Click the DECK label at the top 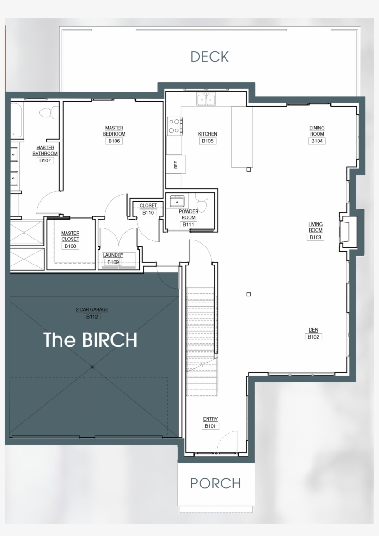pyautogui.click(x=209, y=56)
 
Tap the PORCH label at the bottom pyautogui.click(x=215, y=483)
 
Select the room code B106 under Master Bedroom pyautogui.click(x=114, y=141)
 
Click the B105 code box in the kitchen pyautogui.click(x=208, y=141)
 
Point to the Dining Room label pyautogui.click(x=317, y=131)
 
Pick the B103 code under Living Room pyautogui.click(x=316, y=237)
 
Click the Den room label pyautogui.click(x=313, y=330)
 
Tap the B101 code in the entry pyautogui.click(x=210, y=426)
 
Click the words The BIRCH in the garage pyautogui.click(x=91, y=340)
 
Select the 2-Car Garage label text pyautogui.click(x=92, y=310)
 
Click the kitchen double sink pyautogui.click(x=206, y=99)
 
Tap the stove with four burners pyautogui.click(x=175, y=126)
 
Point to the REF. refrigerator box pyautogui.click(x=176, y=164)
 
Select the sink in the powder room pyautogui.click(x=177, y=202)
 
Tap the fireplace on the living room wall pyautogui.click(x=345, y=231)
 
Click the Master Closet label pyautogui.click(x=70, y=236)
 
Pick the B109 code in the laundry pyautogui.click(x=113, y=262)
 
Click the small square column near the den pyautogui.click(x=249, y=294)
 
